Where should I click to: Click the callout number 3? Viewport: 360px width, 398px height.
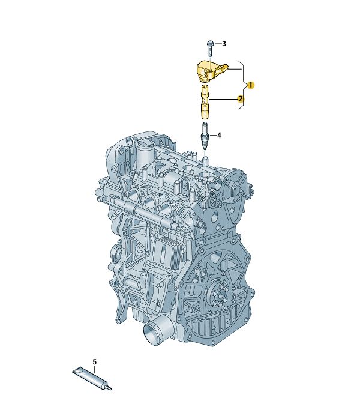(224, 44)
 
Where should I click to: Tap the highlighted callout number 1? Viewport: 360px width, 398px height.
(250, 85)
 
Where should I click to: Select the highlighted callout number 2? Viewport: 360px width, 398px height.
(240, 99)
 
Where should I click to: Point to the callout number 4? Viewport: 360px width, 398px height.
(219, 135)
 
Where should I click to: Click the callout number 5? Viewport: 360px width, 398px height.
(95, 362)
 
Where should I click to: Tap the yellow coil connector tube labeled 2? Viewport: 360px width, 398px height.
(205, 102)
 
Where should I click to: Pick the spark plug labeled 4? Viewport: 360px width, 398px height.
(205, 136)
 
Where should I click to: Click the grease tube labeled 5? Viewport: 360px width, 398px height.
(92, 379)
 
